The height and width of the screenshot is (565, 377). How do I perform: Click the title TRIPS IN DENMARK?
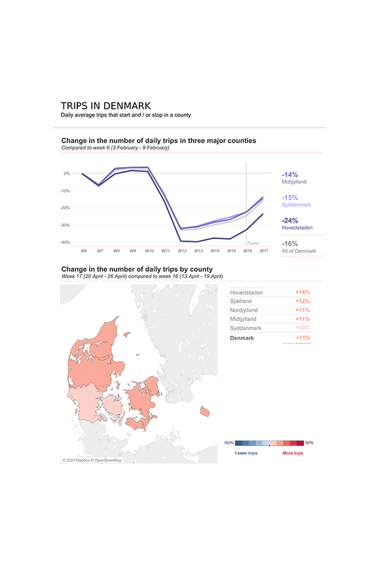tap(106, 106)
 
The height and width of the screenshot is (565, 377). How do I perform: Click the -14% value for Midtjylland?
tap(290, 175)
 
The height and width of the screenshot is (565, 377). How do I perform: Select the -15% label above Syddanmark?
tap(290, 198)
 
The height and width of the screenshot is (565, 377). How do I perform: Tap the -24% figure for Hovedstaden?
tap(290, 220)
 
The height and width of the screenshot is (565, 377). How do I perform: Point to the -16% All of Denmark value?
tap(290, 244)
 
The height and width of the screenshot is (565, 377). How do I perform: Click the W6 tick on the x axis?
tap(84, 250)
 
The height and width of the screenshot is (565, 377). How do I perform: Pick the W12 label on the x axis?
tap(182, 250)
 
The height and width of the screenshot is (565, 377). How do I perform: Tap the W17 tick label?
tap(264, 250)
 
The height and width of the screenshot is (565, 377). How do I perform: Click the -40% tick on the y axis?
tap(65, 242)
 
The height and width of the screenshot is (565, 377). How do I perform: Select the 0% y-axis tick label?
tap(67, 173)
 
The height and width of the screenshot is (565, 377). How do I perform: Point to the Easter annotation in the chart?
tap(253, 243)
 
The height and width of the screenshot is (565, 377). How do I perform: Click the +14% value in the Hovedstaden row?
tap(302, 293)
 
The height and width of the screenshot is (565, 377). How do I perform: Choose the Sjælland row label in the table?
tap(242, 301)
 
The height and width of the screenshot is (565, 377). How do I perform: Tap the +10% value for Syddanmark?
tap(302, 328)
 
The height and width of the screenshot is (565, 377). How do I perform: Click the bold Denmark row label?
tap(242, 338)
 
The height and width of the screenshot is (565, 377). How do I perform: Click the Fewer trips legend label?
tap(246, 453)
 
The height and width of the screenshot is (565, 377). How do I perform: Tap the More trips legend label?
tap(293, 453)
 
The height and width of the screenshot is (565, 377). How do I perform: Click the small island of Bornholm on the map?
tap(204, 411)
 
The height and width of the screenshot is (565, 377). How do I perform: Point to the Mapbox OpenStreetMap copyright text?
tap(92, 460)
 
